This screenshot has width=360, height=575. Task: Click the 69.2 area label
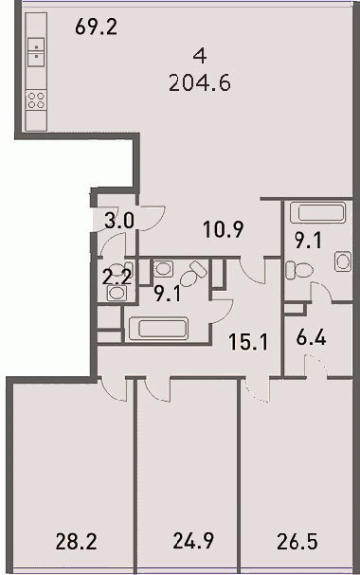[97, 27]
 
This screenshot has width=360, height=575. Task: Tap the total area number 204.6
[200, 83]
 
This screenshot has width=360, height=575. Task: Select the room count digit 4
[200, 56]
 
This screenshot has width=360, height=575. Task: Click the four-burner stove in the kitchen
[36, 100]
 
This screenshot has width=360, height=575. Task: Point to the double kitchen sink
[36, 52]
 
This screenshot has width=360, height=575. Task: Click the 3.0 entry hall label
[119, 221]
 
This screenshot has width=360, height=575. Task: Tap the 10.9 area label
[224, 230]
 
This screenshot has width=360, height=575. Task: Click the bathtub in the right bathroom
[317, 213]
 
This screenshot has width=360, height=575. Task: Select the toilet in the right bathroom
[299, 270]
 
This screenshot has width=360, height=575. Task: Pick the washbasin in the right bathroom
[343, 261]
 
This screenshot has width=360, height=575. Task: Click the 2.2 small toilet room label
[117, 278]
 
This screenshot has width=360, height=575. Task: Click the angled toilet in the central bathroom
[193, 274]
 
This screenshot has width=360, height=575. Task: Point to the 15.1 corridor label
[248, 342]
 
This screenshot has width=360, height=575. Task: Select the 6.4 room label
[311, 338]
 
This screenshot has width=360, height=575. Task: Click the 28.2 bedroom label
[76, 542]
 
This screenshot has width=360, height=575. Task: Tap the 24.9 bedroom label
[193, 541]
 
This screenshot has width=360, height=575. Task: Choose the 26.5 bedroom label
[297, 542]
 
